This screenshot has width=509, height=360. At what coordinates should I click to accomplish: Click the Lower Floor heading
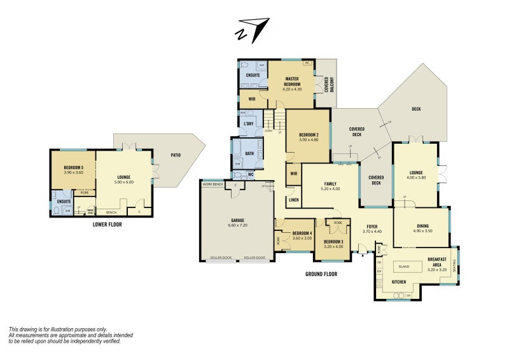[x=106, y=224]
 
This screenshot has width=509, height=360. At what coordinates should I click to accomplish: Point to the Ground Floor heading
[x=321, y=274]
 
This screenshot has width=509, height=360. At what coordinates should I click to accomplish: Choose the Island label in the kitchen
[x=403, y=266]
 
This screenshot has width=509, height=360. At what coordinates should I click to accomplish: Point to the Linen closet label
[x=293, y=200]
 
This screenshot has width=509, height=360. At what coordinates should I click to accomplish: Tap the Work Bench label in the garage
[x=213, y=184]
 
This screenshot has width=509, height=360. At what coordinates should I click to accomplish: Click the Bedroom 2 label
[x=309, y=137]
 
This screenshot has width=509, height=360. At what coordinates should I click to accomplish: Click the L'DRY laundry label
[x=249, y=123]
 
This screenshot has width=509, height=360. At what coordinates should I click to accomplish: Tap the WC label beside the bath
[x=251, y=174]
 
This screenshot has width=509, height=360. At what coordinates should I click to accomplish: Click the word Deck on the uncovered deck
[x=416, y=109]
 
